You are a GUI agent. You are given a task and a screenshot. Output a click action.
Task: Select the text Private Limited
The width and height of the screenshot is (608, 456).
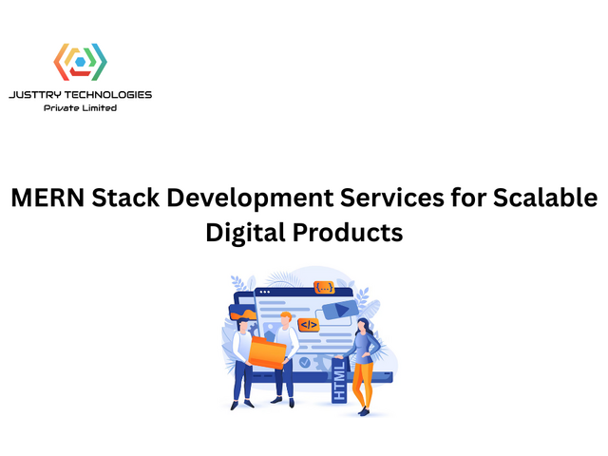80,108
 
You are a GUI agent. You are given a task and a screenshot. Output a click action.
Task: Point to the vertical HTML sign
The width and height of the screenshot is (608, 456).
339,380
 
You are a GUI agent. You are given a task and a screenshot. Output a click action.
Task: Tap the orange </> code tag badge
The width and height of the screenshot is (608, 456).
308,325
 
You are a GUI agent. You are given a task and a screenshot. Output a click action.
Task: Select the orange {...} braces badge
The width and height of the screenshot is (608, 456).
325,287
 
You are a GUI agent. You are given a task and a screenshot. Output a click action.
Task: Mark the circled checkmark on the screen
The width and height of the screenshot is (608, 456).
304,362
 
